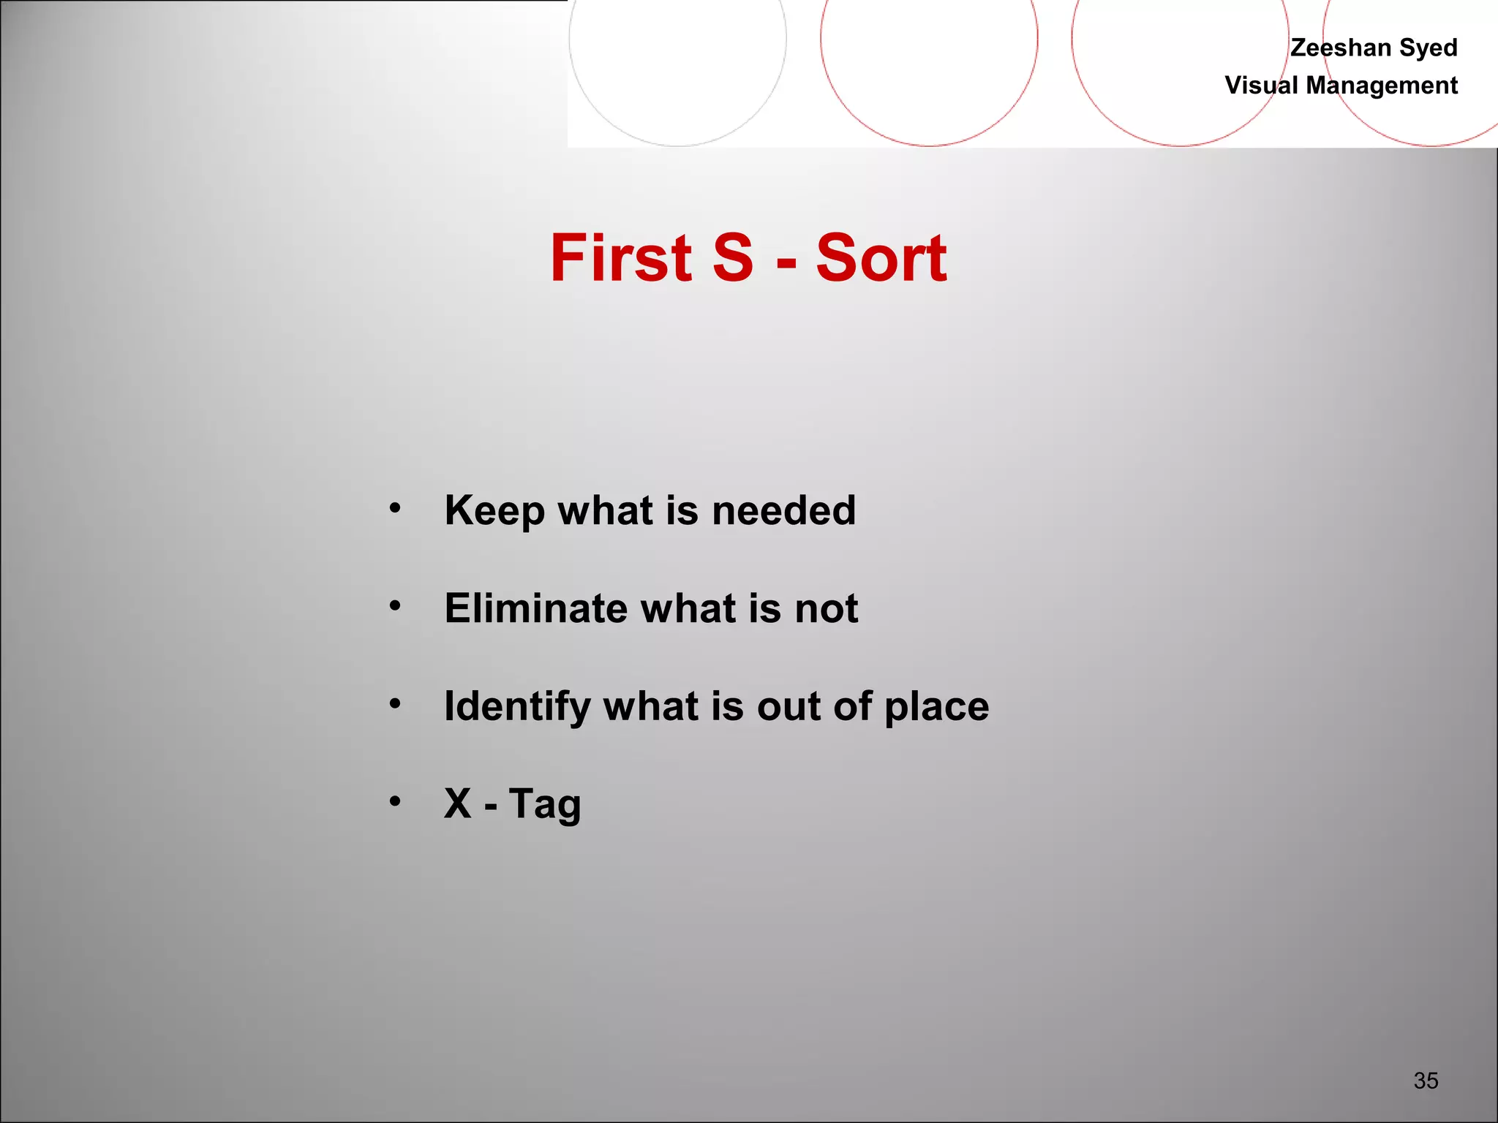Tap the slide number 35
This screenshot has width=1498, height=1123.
[x=1426, y=1080]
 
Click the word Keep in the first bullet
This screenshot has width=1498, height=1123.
[x=494, y=511]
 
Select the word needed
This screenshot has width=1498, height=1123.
[x=783, y=510]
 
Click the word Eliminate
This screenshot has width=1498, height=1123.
[x=536, y=608]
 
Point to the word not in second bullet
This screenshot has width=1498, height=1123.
[x=827, y=609]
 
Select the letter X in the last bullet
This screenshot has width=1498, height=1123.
[x=458, y=804]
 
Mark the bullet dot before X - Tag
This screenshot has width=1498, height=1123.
[x=395, y=801]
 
